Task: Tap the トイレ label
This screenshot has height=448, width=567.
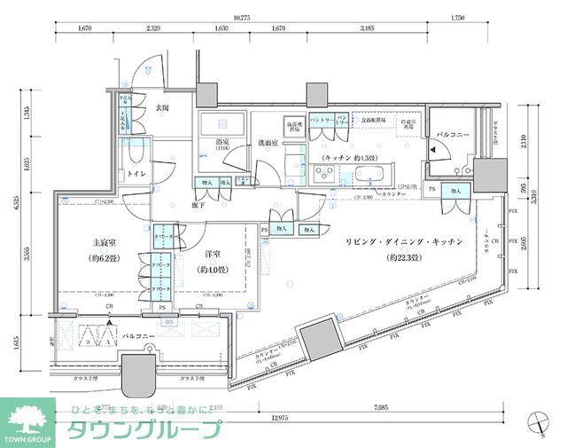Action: click(136, 174)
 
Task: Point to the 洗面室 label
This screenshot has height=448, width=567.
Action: click(268, 142)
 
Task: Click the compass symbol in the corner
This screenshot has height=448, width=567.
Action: click(538, 424)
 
